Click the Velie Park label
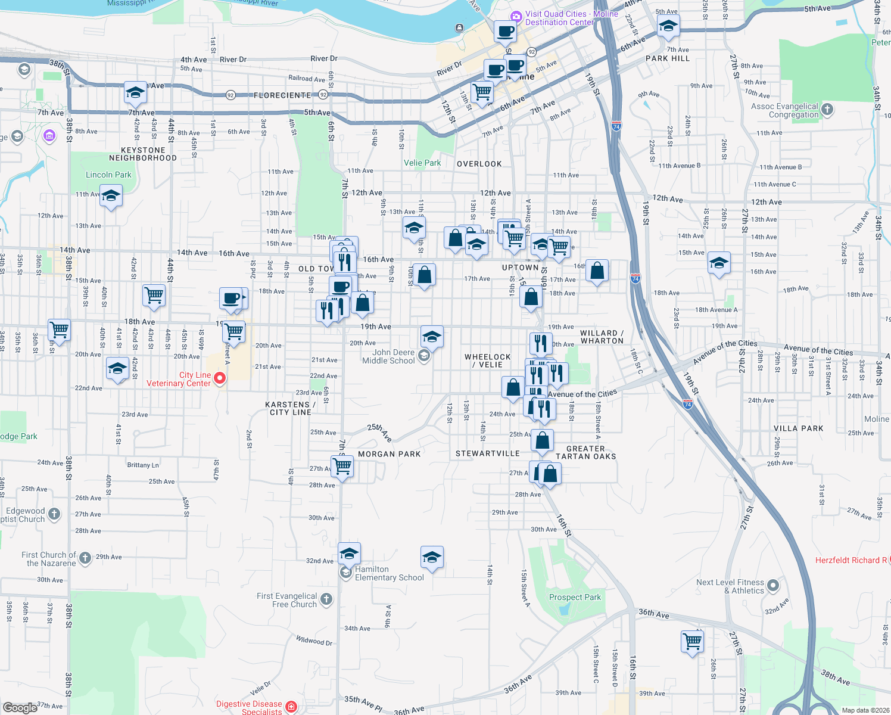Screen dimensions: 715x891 [x=422, y=163]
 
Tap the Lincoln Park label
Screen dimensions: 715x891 [x=108, y=175]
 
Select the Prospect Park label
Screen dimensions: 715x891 [x=575, y=597]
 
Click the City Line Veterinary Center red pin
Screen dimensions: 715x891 [x=220, y=378]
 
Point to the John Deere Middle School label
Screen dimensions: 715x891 [x=388, y=356]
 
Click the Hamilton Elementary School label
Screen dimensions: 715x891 [x=389, y=573]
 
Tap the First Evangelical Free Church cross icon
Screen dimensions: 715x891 [x=326, y=599]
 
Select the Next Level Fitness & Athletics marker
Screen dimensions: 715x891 [x=773, y=586]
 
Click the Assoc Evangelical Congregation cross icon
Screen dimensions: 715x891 [x=827, y=109]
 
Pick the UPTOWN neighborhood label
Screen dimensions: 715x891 [x=520, y=268]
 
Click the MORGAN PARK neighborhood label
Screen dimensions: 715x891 [x=389, y=454]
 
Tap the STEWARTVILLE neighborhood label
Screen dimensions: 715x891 [x=488, y=453]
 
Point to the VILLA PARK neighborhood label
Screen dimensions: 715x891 [x=798, y=428]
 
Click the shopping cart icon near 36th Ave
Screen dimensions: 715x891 [x=692, y=642]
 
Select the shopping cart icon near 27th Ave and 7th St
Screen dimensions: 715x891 [x=342, y=465]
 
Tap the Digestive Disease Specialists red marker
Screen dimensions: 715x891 [x=291, y=707]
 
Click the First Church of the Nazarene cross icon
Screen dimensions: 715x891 [x=85, y=558]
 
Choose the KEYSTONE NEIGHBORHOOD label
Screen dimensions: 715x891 [x=143, y=154]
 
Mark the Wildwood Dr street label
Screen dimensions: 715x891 [x=314, y=641]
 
